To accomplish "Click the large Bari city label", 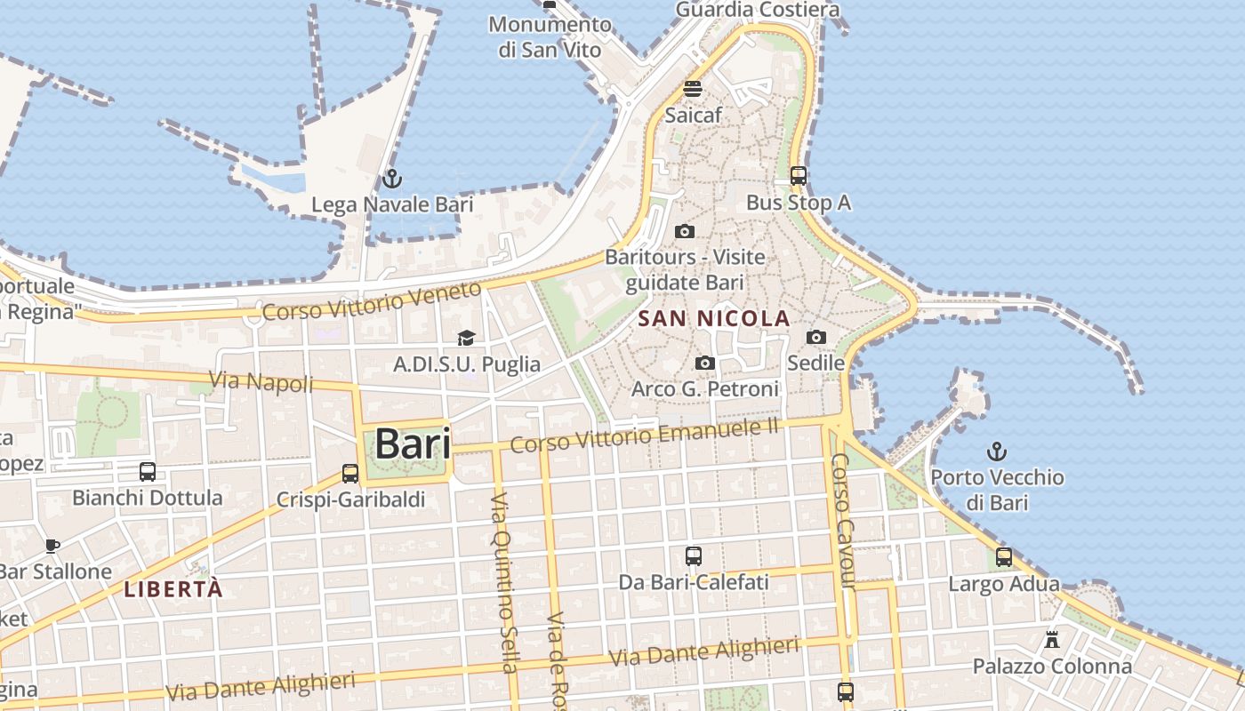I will (x=412, y=443).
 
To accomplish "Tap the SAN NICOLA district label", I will (x=714, y=318).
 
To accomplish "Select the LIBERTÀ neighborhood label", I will (x=173, y=588).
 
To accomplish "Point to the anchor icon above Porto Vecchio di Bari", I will (x=997, y=451).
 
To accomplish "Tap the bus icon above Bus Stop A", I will (x=799, y=176).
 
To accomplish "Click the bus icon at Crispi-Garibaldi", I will (x=350, y=474).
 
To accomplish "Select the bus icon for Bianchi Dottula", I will (x=148, y=472).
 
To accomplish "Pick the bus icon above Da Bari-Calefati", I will (x=694, y=557).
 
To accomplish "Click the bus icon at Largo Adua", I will (x=1003, y=558).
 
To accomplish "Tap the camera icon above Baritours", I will (x=685, y=231).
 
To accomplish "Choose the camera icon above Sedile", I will (x=815, y=337).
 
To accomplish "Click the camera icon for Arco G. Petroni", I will (x=705, y=363).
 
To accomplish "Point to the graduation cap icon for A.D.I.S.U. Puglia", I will (x=466, y=338).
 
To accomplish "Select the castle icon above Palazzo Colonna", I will (x=1052, y=640).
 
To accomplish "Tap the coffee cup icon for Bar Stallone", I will (x=52, y=546).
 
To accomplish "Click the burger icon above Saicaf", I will (x=693, y=89).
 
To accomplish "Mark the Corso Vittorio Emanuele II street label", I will (x=644, y=435).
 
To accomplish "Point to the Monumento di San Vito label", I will (x=550, y=36).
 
